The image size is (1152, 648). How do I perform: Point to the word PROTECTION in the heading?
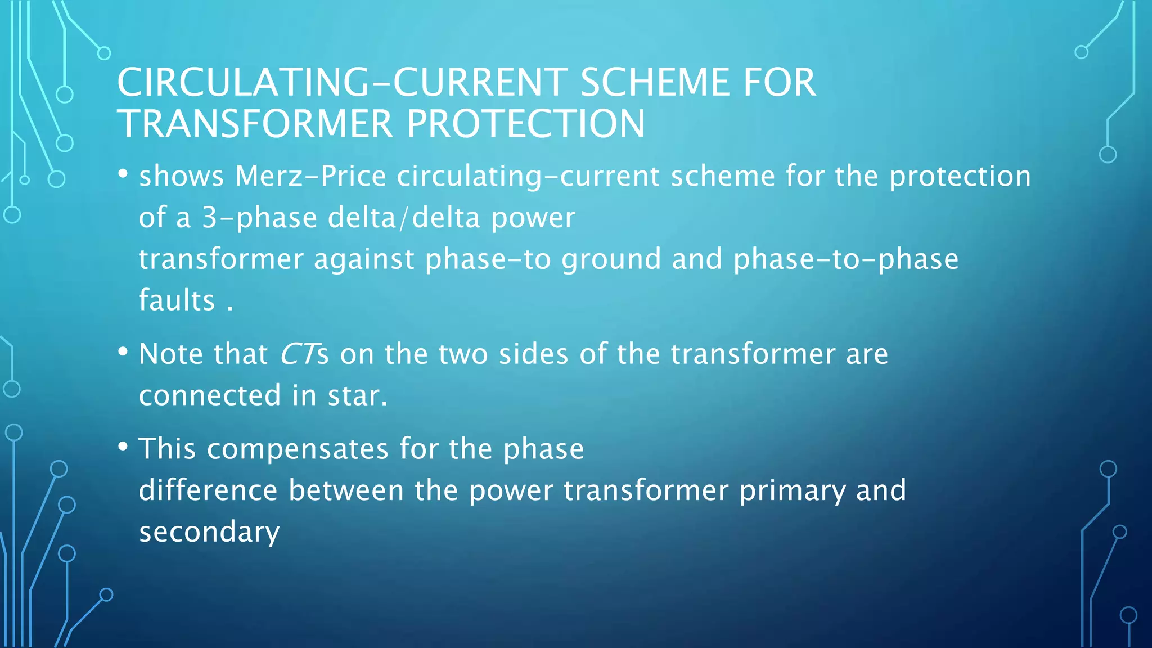point(526,124)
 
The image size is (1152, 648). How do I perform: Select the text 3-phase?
point(260,218)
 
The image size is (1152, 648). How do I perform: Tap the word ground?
point(611,260)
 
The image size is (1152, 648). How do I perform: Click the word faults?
point(177,300)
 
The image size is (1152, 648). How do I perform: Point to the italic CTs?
point(304,354)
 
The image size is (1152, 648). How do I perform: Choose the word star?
point(358,395)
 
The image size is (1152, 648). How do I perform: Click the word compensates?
point(298,449)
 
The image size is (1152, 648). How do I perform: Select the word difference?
point(208,490)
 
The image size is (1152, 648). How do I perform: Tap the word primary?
point(792,491)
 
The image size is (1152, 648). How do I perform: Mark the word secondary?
point(209,532)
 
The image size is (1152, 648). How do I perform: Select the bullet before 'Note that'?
point(123,352)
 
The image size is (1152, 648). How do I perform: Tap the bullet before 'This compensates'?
point(123,447)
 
